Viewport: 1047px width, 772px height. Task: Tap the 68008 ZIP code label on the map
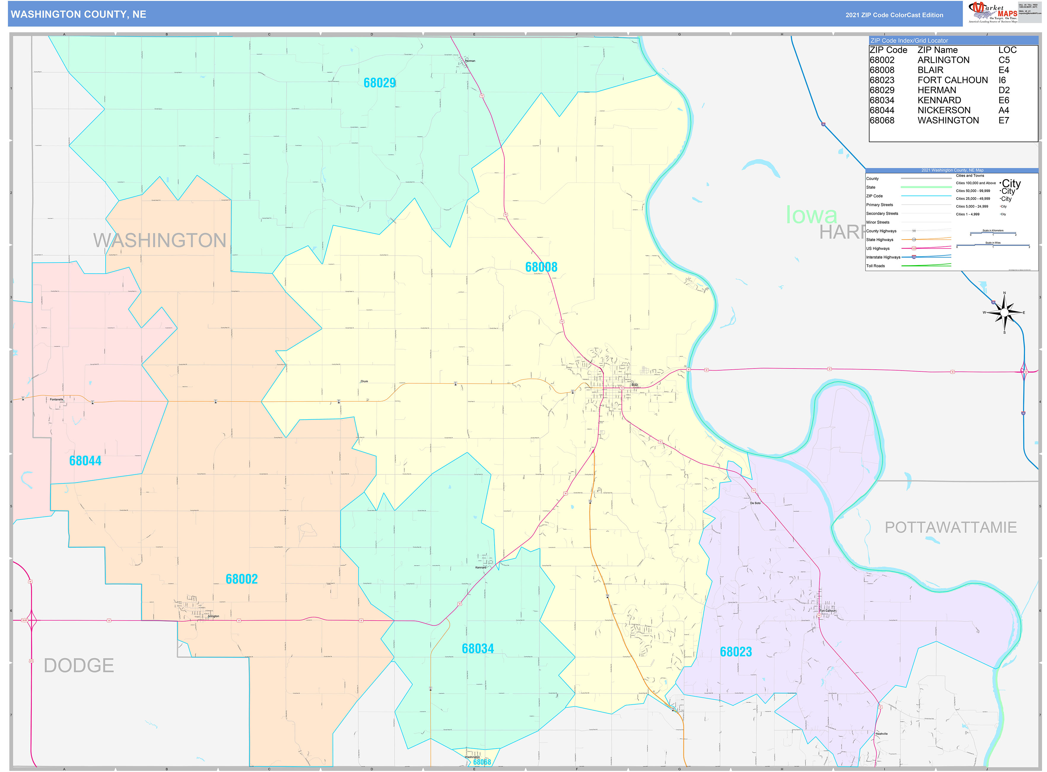[x=541, y=267]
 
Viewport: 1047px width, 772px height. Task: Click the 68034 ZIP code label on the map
[x=477, y=649]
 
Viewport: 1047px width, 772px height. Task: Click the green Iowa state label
[x=811, y=215]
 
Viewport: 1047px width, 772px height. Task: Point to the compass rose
[x=1004, y=312]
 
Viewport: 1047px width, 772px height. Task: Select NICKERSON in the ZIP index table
[x=943, y=110]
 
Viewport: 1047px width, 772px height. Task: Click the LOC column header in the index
[x=1007, y=50]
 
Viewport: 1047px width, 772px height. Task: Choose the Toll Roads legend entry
[x=875, y=266]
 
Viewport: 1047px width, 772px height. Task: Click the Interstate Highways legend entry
[x=883, y=257]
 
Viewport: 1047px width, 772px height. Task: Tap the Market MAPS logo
[x=993, y=12]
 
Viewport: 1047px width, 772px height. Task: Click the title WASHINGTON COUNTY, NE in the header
[x=78, y=15]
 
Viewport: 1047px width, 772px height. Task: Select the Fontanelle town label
[x=56, y=400]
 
